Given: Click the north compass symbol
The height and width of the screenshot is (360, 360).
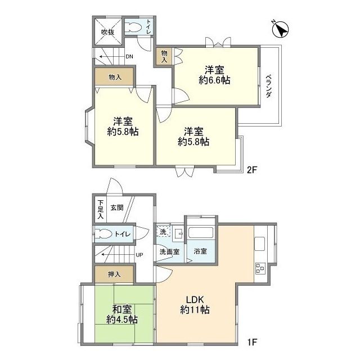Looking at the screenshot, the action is pyautogui.click(x=280, y=30).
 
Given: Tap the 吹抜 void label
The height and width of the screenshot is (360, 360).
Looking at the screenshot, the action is pyautogui.click(x=108, y=32).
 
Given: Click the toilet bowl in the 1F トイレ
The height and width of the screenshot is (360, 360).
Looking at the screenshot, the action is pyautogui.click(x=103, y=234).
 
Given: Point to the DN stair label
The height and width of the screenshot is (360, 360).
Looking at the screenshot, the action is pyautogui.click(x=129, y=57).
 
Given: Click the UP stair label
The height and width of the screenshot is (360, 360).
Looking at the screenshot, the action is pyautogui.click(x=139, y=255).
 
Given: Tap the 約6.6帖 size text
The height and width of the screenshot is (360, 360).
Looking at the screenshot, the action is pyautogui.click(x=214, y=80).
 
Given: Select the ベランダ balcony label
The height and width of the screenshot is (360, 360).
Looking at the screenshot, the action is pyautogui.click(x=269, y=86).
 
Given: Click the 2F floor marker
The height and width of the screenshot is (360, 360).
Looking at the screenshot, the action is pyautogui.click(x=251, y=170).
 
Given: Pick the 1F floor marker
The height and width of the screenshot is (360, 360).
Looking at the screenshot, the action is pyautogui.click(x=251, y=343).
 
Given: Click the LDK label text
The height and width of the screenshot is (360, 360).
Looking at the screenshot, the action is pyautogui.click(x=195, y=300).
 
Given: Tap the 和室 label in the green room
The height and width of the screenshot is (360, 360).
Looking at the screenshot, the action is pyautogui.click(x=122, y=309).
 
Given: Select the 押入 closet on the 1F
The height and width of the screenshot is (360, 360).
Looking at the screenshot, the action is pyautogui.click(x=114, y=274).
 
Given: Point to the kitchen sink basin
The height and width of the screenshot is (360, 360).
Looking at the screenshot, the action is pyautogui.click(x=260, y=244).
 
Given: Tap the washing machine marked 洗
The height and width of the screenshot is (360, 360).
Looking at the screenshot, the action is pyautogui.click(x=163, y=231).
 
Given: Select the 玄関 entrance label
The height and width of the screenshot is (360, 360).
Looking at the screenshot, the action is pyautogui.click(x=117, y=208).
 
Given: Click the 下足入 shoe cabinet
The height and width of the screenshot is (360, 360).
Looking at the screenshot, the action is pyautogui.click(x=101, y=209).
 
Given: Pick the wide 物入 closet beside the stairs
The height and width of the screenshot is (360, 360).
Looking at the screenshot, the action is pyautogui.click(x=114, y=77).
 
